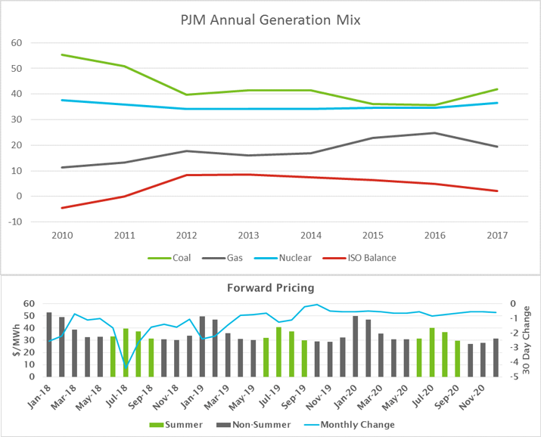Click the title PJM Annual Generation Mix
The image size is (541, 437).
(x=271, y=19)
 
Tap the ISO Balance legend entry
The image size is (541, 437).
(x=371, y=258)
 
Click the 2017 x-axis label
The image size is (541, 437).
(x=497, y=235)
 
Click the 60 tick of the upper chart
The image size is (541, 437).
(x=15, y=42)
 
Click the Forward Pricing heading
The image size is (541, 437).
(x=271, y=288)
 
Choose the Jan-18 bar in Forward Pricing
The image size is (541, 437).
(x=49, y=344)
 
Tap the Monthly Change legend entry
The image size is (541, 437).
(x=356, y=425)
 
